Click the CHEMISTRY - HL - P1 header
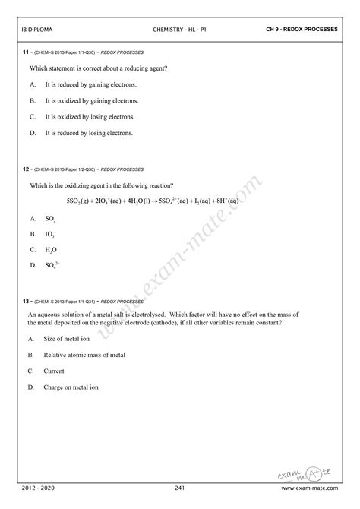(179, 30)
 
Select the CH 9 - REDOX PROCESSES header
(302, 30)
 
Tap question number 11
(26, 52)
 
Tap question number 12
(26, 169)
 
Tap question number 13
(26, 302)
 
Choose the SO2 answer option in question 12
(51, 218)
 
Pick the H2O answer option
(51, 249)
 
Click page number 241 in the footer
(180, 487)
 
